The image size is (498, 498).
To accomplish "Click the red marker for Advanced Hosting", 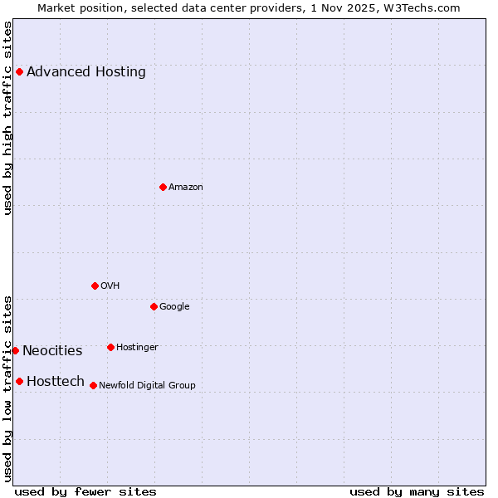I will tap(19, 71).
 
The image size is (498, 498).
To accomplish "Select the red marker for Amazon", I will tap(163, 187).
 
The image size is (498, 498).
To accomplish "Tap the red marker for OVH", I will tap(95, 286).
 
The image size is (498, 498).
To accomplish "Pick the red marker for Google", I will tap(154, 306).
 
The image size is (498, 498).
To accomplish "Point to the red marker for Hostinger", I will tap(110, 347).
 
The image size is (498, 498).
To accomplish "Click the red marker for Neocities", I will tap(15, 350).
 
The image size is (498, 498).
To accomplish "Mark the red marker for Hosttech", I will tap(19, 381).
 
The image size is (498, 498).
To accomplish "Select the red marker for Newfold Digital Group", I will tap(93, 385).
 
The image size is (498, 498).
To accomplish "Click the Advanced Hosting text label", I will tap(86, 71).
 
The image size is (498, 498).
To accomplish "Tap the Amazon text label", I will tap(186, 187).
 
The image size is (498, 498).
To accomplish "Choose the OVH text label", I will tap(110, 286).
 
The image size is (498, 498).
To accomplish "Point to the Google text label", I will tap(174, 306).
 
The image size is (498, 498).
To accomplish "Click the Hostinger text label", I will tap(137, 347).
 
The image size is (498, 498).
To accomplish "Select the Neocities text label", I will tap(52, 350).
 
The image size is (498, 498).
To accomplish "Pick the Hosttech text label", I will tap(56, 381).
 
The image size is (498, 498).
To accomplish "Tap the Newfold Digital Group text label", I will tap(147, 385).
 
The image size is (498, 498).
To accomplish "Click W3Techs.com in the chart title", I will tap(427, 7).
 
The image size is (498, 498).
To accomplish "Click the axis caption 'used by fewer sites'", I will tap(85, 491).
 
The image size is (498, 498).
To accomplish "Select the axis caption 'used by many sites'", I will tap(417, 491).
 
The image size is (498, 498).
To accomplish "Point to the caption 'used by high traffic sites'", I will tap(7, 118).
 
